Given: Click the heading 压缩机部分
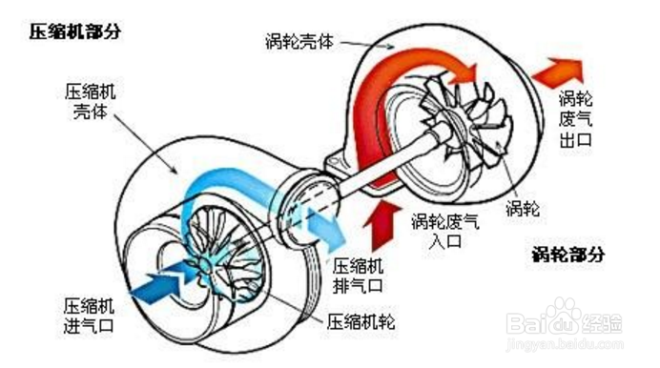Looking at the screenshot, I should [74, 31].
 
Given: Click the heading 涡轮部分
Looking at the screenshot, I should [568, 256].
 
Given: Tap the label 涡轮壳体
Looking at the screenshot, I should [302, 42].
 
